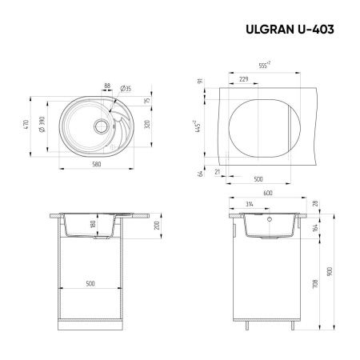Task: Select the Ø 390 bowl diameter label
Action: pos(49,128)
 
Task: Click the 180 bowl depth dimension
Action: pos(93,226)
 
